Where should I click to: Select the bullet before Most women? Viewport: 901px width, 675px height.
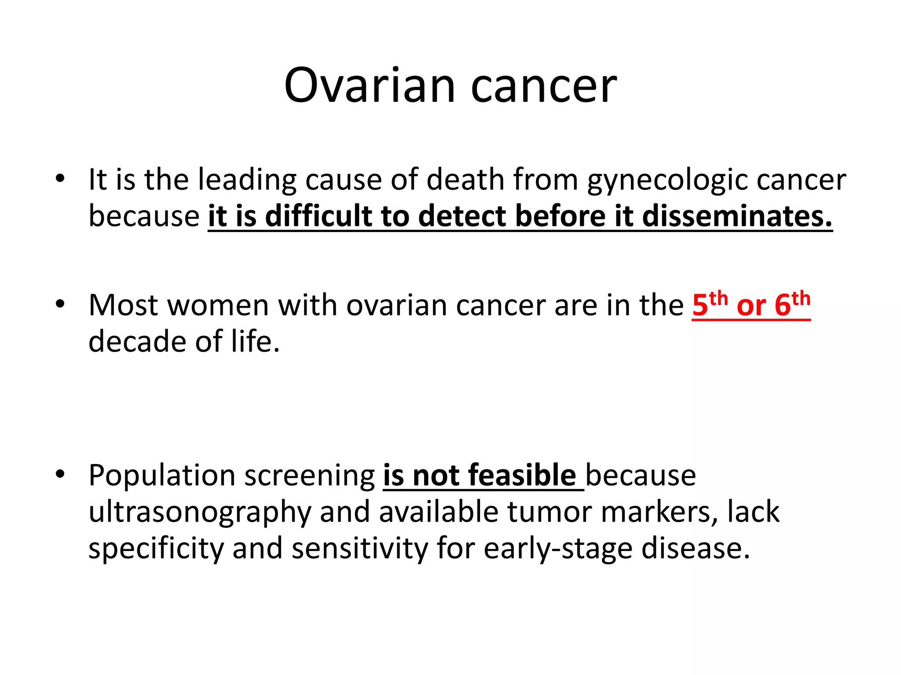[x=60, y=304]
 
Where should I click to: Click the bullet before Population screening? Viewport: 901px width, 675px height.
[x=60, y=474]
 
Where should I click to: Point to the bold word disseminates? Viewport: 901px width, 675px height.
[x=737, y=217]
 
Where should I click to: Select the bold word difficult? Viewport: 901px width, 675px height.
[x=319, y=217]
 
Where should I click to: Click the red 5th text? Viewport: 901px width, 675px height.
[x=709, y=304]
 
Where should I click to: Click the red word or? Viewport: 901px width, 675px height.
[x=751, y=306]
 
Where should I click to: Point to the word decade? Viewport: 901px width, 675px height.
[x=137, y=341]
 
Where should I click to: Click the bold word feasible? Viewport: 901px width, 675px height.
[x=522, y=475]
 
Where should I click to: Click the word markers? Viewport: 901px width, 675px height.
[x=659, y=512]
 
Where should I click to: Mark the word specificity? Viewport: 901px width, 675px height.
[x=156, y=549]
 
